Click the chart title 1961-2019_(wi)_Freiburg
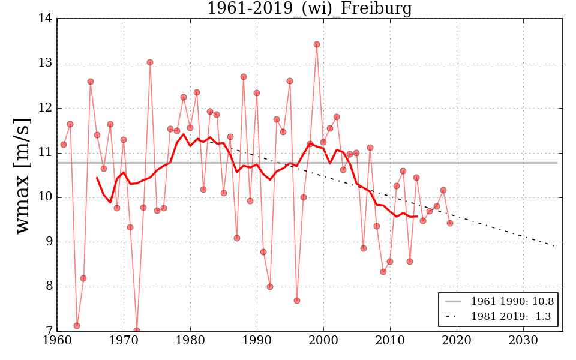coord(309,8)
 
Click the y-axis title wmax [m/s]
coord(22,175)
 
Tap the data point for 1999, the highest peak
coord(317,44)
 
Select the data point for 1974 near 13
coord(150,62)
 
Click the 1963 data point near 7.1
coord(77,326)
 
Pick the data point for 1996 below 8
coord(297,301)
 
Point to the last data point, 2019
coord(450,223)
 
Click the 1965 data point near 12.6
coord(91,82)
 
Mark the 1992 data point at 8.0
coord(270,287)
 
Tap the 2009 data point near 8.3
coord(383,272)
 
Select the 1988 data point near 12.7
coord(244,77)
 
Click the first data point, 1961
coord(64,145)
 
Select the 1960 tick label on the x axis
coord(58,340)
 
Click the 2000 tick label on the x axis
coord(324,340)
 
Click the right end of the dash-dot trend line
coord(554,245)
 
